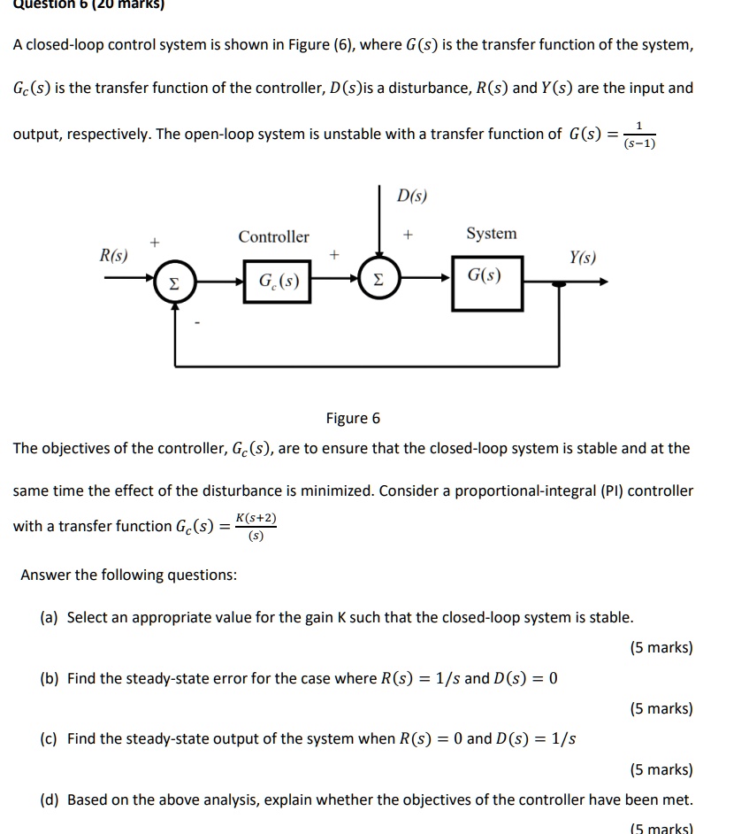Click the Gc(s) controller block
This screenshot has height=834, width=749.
(278, 282)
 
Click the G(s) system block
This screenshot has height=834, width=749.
(485, 282)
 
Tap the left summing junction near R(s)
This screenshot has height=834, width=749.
(176, 282)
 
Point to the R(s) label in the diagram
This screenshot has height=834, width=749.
(112, 256)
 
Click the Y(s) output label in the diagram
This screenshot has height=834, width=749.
(583, 258)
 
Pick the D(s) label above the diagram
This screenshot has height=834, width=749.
(411, 196)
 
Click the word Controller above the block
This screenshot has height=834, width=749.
(273, 236)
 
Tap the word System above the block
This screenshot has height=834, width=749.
(491, 233)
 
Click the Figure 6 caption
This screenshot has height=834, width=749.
(353, 418)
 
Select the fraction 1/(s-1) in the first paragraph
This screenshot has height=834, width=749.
(638, 135)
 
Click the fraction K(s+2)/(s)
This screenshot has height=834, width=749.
(256, 526)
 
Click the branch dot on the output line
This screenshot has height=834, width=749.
(559, 282)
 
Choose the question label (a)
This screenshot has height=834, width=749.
(50, 617)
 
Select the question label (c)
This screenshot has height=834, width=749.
(50, 738)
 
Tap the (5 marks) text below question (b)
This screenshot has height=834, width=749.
(661, 708)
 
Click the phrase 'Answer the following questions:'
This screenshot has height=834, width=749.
(128, 575)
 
